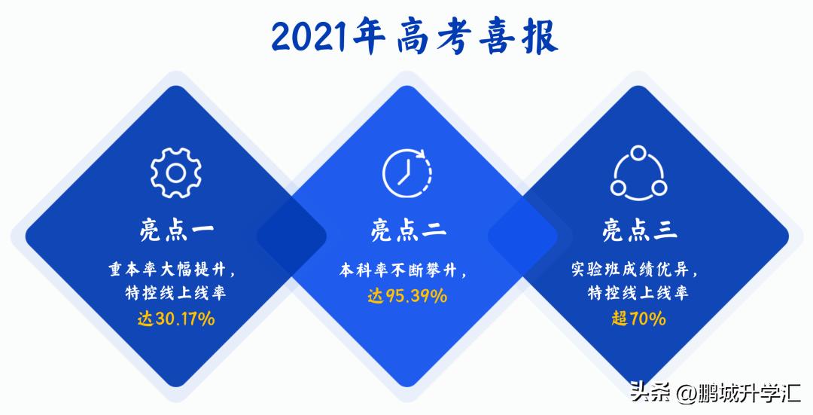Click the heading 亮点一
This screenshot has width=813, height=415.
click(x=176, y=229)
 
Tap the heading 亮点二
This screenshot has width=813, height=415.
click(x=407, y=229)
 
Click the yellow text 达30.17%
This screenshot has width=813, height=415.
click(x=176, y=319)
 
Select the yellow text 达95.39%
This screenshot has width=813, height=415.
click(x=407, y=296)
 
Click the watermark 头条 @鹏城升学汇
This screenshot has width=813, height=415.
click(x=714, y=393)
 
